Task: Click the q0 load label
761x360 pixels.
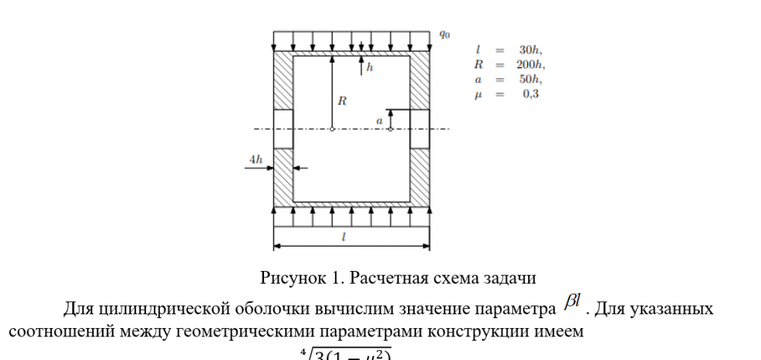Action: [444, 34]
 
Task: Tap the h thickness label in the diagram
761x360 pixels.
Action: [370, 68]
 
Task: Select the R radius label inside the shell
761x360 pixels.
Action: [342, 100]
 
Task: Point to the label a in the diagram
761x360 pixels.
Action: [380, 120]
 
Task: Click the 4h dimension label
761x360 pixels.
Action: [256, 159]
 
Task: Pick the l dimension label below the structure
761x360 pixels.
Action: [344, 237]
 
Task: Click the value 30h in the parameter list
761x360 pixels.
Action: [530, 50]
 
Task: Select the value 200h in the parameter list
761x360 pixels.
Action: [530, 65]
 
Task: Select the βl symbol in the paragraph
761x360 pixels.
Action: [572, 304]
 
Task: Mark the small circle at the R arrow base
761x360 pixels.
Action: [333, 129]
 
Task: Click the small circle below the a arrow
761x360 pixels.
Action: [390, 129]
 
